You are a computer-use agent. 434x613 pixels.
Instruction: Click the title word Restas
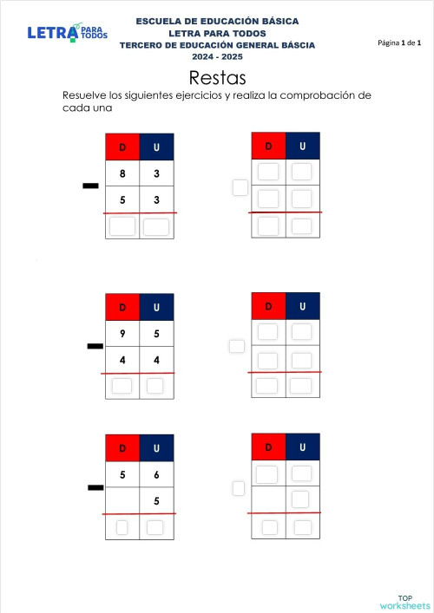217,78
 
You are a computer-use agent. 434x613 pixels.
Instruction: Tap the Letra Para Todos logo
68,33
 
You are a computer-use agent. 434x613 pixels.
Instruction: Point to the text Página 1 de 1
399,42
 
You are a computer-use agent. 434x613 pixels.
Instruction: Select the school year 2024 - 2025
217,56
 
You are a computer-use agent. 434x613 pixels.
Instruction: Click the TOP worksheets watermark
404,603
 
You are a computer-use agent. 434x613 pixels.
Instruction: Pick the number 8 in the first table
122,174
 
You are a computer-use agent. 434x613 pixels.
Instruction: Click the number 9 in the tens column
122,333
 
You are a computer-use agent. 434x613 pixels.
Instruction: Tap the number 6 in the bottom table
156,475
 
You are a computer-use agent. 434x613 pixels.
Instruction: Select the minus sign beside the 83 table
89,186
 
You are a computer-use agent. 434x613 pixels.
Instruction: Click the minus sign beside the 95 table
95,347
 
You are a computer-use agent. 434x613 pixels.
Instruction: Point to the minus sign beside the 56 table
95,488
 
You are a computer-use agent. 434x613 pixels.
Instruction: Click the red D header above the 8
122,147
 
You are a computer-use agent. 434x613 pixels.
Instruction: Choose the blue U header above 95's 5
156,307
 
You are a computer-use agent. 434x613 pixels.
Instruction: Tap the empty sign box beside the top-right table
240,186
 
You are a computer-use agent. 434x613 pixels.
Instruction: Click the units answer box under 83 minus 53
155,227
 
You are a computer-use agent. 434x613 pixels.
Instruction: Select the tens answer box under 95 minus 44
122,386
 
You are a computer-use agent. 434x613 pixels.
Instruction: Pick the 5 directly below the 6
156,500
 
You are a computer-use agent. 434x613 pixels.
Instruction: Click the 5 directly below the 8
122,201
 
